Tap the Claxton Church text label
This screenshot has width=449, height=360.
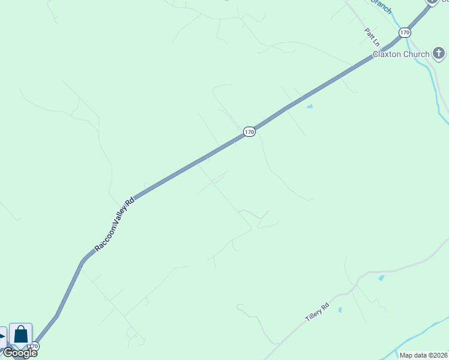tap(401, 54)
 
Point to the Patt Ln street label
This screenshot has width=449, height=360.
tap(372, 37)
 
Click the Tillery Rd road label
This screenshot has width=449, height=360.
tap(318, 313)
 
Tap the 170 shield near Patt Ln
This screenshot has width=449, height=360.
tap(405, 32)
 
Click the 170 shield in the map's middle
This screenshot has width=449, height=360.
tap(250, 131)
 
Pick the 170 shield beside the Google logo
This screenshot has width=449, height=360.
tap(34, 346)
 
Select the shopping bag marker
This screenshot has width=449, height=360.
tap(20, 334)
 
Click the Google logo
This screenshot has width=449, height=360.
tap(20, 353)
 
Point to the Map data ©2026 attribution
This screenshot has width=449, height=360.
tap(423, 355)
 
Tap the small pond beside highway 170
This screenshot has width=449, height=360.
tap(310, 107)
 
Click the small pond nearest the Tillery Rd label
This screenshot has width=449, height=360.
tap(340, 310)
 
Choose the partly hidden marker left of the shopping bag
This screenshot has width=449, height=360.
tap(2, 336)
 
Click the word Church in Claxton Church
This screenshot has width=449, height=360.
tap(417, 54)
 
